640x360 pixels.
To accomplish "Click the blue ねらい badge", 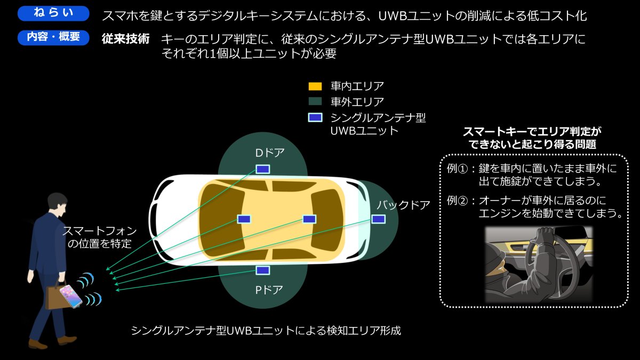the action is pyautogui.click(x=53, y=13).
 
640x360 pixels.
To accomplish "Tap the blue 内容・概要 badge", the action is pyautogui.click(x=53, y=37).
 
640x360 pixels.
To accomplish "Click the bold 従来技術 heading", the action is pyautogui.click(x=126, y=39).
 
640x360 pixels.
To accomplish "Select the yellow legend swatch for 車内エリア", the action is pyautogui.click(x=315, y=86).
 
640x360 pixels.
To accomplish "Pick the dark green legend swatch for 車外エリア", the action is pyautogui.click(x=315, y=101).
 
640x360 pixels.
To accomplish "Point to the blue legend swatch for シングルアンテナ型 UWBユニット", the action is pyautogui.click(x=315, y=117).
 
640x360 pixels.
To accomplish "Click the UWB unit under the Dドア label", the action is pyautogui.click(x=262, y=169).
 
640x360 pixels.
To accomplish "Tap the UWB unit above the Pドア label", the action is pyautogui.click(x=262, y=270).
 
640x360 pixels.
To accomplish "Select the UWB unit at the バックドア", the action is pyautogui.click(x=378, y=219).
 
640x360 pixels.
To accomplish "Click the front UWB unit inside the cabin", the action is pyautogui.click(x=244, y=219).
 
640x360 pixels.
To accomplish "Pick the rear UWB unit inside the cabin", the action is pyautogui.click(x=309, y=219).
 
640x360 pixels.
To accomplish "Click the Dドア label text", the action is pyautogui.click(x=270, y=153).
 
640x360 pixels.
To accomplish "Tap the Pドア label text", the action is pyautogui.click(x=269, y=290).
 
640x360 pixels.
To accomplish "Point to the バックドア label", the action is pyautogui.click(x=403, y=205).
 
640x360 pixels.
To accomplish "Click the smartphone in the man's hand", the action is pyautogui.click(x=71, y=297).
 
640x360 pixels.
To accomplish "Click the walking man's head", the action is pyautogui.click(x=58, y=205).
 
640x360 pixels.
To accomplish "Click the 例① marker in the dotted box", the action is pyautogui.click(x=458, y=169).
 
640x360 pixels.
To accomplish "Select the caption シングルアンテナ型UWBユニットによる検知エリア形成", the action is pyautogui.click(x=266, y=331).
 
